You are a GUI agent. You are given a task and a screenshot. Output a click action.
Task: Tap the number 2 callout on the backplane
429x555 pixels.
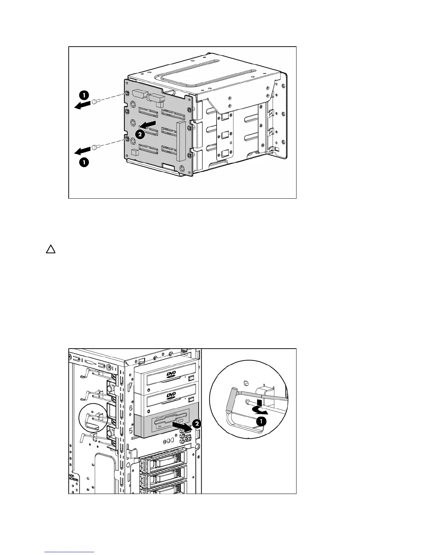pyautogui.click(x=140, y=133)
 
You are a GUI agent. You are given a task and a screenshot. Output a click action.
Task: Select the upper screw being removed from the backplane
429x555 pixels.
pyautogui.click(x=96, y=101)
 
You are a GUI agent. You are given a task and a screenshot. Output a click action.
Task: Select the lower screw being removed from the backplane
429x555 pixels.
pyautogui.click(x=96, y=148)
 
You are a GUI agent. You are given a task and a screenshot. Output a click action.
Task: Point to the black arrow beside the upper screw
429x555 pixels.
pyautogui.click(x=82, y=105)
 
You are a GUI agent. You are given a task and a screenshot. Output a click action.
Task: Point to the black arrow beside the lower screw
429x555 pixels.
pyautogui.click(x=82, y=151)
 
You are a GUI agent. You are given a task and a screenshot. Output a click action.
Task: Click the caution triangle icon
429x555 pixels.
pyautogui.click(x=50, y=249)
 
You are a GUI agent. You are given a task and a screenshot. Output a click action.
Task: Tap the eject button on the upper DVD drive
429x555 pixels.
pyautogui.click(x=191, y=378)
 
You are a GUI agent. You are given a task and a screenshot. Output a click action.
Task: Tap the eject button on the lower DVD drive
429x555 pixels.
pyautogui.click(x=191, y=400)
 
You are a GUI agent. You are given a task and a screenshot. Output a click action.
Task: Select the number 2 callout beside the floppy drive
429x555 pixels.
pyautogui.click(x=197, y=424)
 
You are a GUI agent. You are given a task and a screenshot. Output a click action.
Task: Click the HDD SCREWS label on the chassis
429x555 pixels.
pyautogui.click(x=74, y=479)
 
